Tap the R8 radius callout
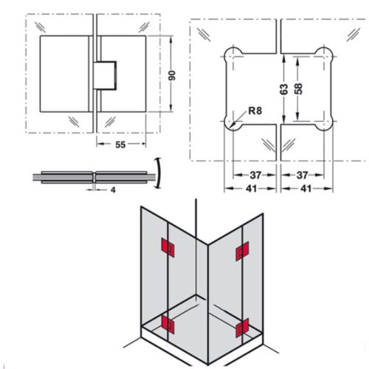click(x=255, y=111)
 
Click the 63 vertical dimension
click(x=282, y=89)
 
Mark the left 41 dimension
click(x=252, y=189)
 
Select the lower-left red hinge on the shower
click(x=166, y=323)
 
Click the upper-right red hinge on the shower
click(x=241, y=253)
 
